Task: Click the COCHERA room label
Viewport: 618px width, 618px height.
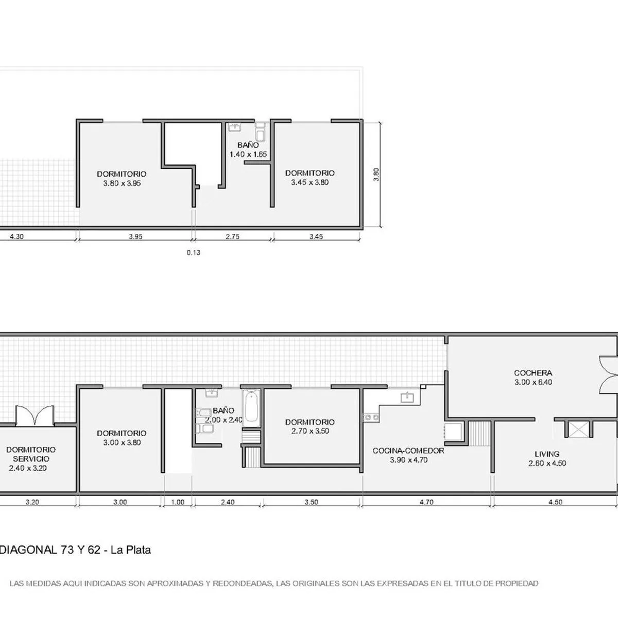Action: point(533,373)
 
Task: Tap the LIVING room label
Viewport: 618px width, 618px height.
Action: point(547,454)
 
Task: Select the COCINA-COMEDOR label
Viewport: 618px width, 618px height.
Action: point(408,451)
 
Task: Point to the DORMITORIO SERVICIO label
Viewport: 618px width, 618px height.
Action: point(31,454)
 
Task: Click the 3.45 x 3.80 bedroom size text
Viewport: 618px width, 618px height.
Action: point(310,182)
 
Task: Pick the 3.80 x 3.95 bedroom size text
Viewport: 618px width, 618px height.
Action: point(122,183)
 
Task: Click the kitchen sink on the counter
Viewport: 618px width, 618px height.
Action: point(407,398)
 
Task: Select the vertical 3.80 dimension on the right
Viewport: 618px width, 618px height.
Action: point(376,175)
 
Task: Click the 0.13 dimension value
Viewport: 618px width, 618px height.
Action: point(194,253)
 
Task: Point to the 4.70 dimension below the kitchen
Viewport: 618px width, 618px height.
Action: point(426,502)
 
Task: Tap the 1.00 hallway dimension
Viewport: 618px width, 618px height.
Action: point(177,502)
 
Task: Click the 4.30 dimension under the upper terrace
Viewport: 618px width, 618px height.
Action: point(16,237)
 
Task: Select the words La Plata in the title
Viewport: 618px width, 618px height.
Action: point(130,551)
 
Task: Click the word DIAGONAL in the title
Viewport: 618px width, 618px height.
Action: point(28,551)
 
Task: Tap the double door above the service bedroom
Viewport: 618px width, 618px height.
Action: point(35,415)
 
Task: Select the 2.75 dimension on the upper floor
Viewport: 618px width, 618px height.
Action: point(232,237)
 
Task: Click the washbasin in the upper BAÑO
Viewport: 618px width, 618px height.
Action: point(235,127)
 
